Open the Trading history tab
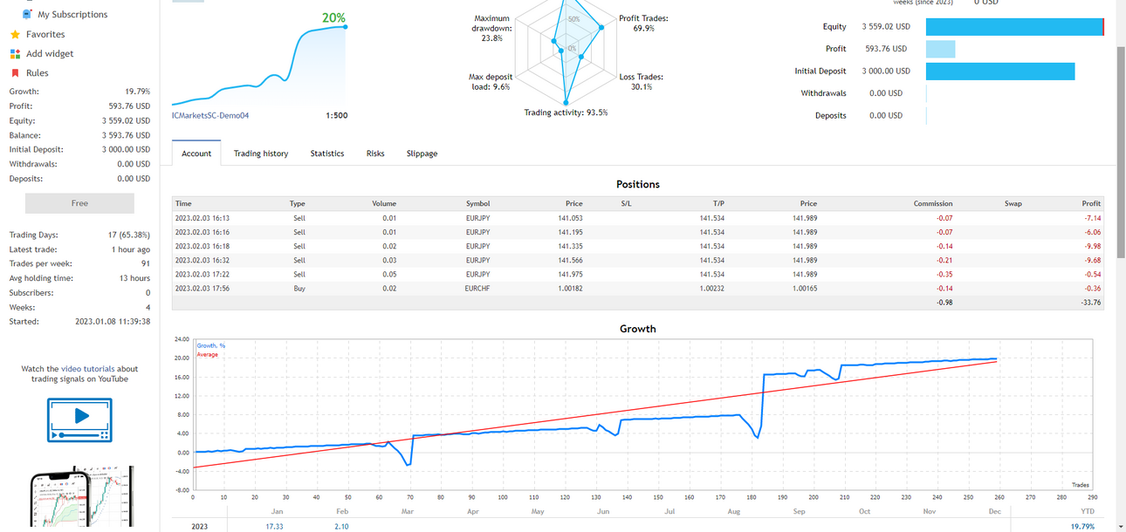[x=260, y=153]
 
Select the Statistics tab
[x=326, y=153]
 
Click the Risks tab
[x=375, y=153]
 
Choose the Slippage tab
[x=422, y=153]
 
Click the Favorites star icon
[x=15, y=34]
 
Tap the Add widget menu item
[x=49, y=54]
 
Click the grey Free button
[x=79, y=203]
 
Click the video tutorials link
[x=87, y=369]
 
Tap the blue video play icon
[x=79, y=420]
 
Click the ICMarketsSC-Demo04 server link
[x=210, y=115]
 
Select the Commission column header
[x=932, y=203]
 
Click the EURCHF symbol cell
[x=477, y=289]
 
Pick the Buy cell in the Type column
[x=299, y=289]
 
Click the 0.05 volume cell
[x=389, y=275]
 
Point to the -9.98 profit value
[x=1092, y=246]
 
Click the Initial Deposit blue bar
[x=1000, y=72]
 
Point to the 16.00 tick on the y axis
[x=182, y=378]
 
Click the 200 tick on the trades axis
[x=814, y=497]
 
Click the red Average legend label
[x=207, y=355]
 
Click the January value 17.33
[x=274, y=527]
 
